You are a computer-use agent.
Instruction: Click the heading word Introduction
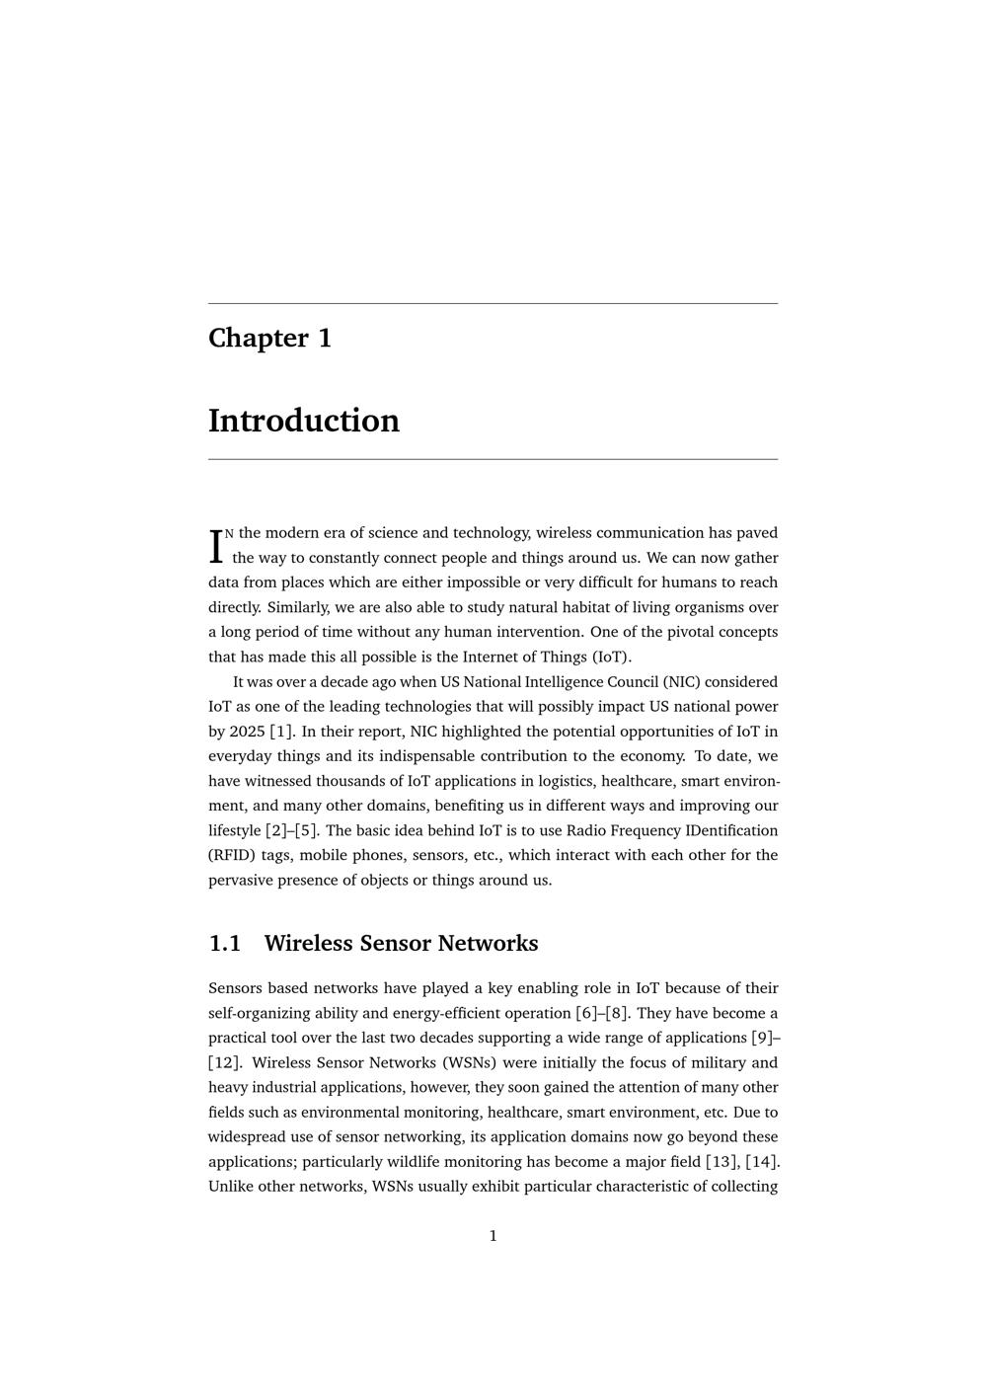click(304, 421)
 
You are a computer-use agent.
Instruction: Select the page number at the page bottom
click(493, 1236)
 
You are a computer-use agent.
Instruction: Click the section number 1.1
click(225, 944)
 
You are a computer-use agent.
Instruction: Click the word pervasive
click(238, 880)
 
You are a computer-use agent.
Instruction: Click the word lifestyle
click(235, 830)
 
